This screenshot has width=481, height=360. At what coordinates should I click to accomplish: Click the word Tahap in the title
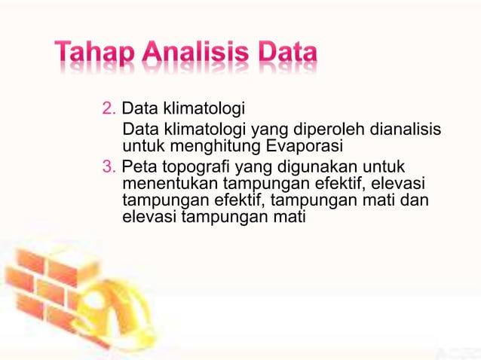click(92, 54)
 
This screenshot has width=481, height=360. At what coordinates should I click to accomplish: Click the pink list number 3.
click(108, 166)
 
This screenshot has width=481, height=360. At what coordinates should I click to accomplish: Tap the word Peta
click(137, 166)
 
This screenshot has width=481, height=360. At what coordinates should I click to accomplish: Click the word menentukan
click(163, 183)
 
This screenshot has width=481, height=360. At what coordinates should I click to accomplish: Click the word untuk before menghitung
click(139, 146)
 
